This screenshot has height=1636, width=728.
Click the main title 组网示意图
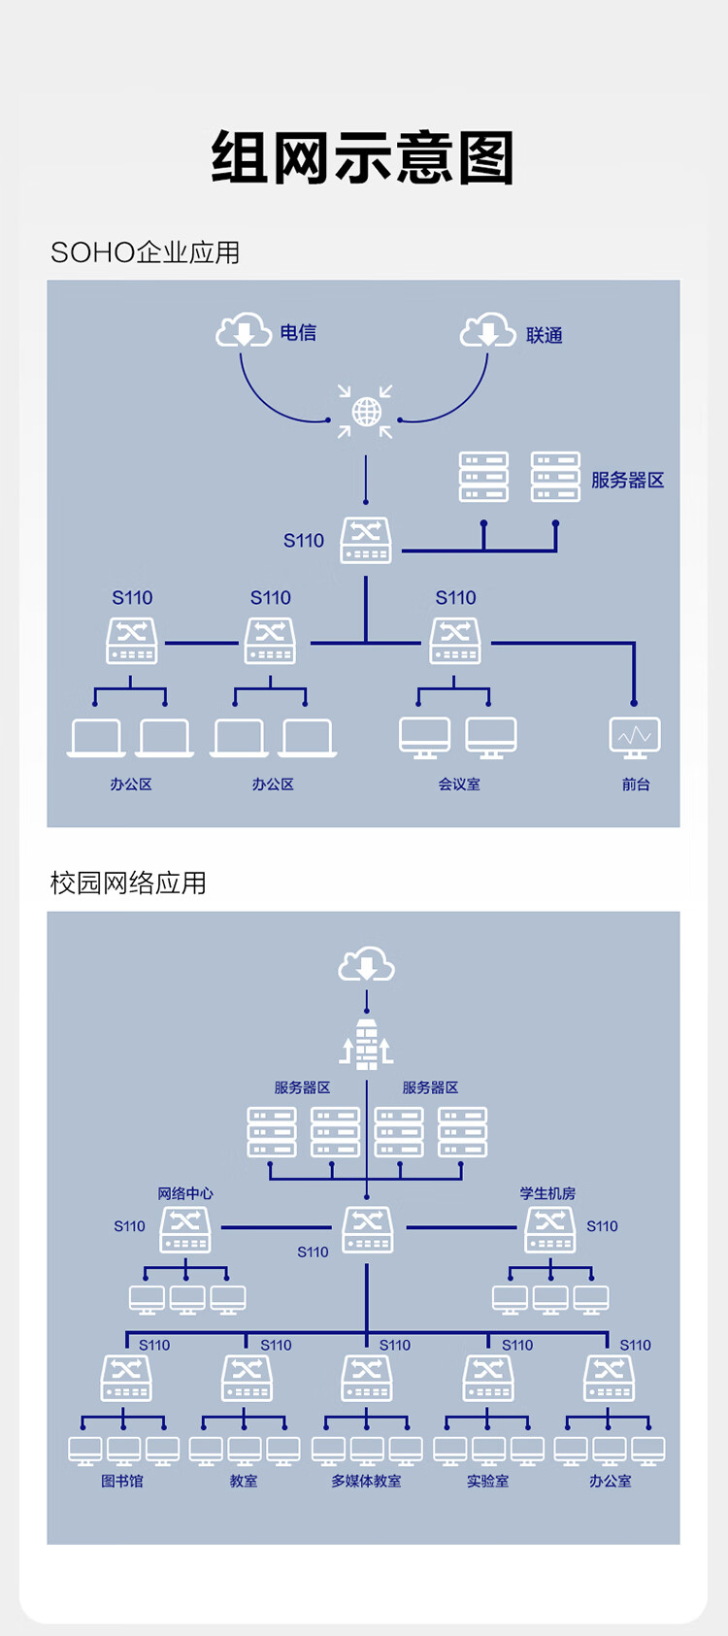point(363,157)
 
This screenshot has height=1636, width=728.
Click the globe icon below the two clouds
point(366,412)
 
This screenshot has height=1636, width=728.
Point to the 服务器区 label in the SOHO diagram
point(627,480)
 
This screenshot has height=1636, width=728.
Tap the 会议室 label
point(459,784)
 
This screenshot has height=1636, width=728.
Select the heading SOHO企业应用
point(145,252)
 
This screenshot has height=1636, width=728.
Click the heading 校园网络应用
point(128,883)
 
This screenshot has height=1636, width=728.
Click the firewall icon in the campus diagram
point(366,1044)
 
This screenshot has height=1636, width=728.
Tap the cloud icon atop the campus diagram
point(366,965)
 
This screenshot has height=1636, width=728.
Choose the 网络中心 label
point(185,1193)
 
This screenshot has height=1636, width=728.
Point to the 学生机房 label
point(547,1193)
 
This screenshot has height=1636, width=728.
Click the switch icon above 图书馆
point(126,1378)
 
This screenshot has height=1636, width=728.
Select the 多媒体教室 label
point(366,1481)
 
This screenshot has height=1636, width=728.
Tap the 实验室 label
point(487,1481)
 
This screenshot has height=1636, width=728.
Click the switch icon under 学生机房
point(550,1229)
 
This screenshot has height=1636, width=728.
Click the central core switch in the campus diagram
point(368,1229)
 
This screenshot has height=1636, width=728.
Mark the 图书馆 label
point(122,1481)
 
